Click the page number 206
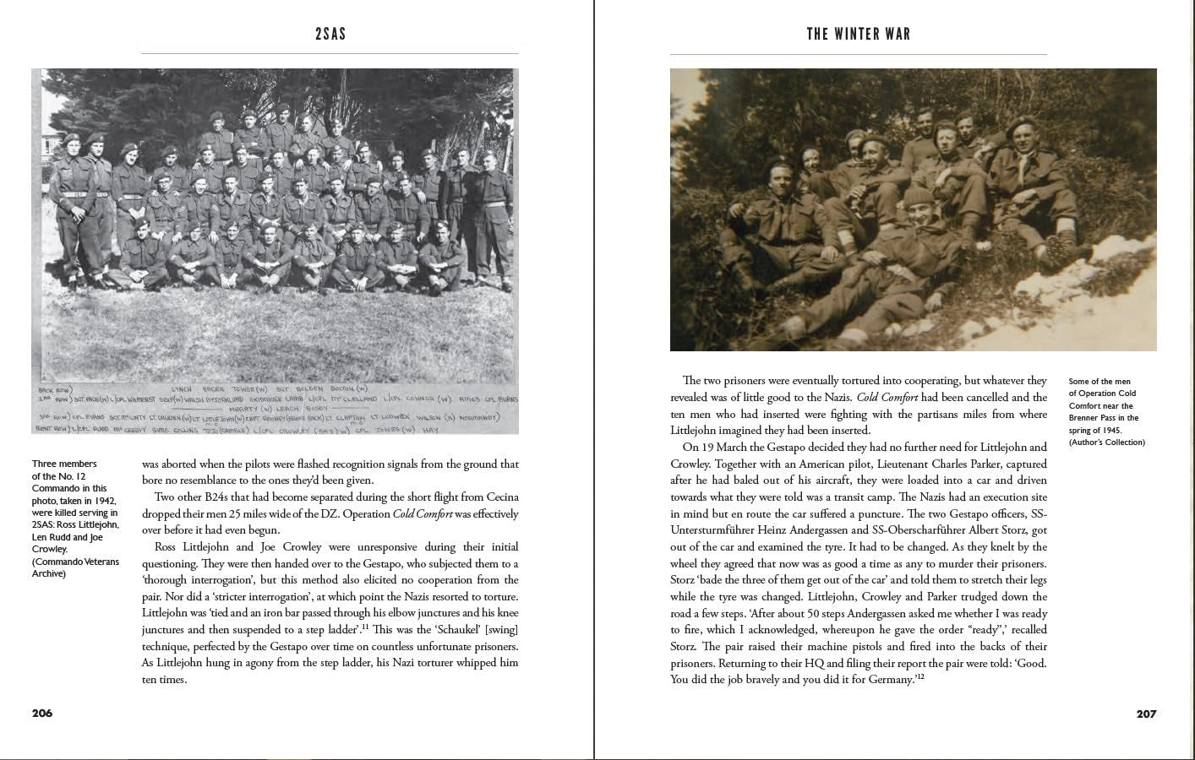pyautogui.click(x=42, y=713)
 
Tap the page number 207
pyautogui.click(x=1146, y=714)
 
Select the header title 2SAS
pyautogui.click(x=330, y=35)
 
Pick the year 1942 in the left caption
pyautogui.click(x=104, y=500)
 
